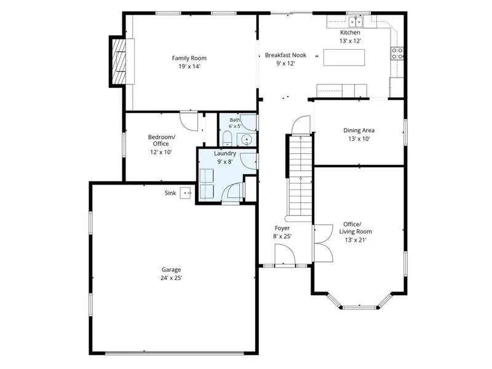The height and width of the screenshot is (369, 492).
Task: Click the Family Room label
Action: pos(189,58)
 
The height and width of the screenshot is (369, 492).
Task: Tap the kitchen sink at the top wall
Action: pos(356,22)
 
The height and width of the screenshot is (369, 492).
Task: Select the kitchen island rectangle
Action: pos(344,57)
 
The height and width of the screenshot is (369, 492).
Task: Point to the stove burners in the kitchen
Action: pos(397,54)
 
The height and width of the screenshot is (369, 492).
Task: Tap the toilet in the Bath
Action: pos(227,139)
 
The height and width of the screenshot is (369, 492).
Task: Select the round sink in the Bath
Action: pos(247,140)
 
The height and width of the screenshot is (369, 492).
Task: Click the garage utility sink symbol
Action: pos(186,193)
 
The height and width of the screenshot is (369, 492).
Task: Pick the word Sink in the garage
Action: pos(170,193)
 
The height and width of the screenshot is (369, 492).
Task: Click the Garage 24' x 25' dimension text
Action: pos(172,278)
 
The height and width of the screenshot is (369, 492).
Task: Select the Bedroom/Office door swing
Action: pos(189,121)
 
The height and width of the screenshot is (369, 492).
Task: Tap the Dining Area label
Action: pos(359,130)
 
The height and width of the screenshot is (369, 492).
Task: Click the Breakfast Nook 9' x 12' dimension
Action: pos(285,63)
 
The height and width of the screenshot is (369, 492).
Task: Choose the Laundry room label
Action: pos(225,153)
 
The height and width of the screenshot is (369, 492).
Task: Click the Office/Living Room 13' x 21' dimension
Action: pos(355,240)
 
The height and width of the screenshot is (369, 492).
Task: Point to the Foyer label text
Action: pos(282,228)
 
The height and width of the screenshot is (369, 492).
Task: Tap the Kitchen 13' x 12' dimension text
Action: pos(350,41)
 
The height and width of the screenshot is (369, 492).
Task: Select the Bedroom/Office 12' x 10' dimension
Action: pos(161,152)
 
